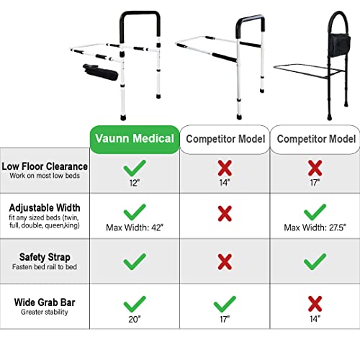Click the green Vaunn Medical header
[x=133, y=139]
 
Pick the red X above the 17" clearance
[x=314, y=168]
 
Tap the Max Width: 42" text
[x=133, y=228]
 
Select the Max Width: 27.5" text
[x=314, y=228]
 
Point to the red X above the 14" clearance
[x=224, y=168]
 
